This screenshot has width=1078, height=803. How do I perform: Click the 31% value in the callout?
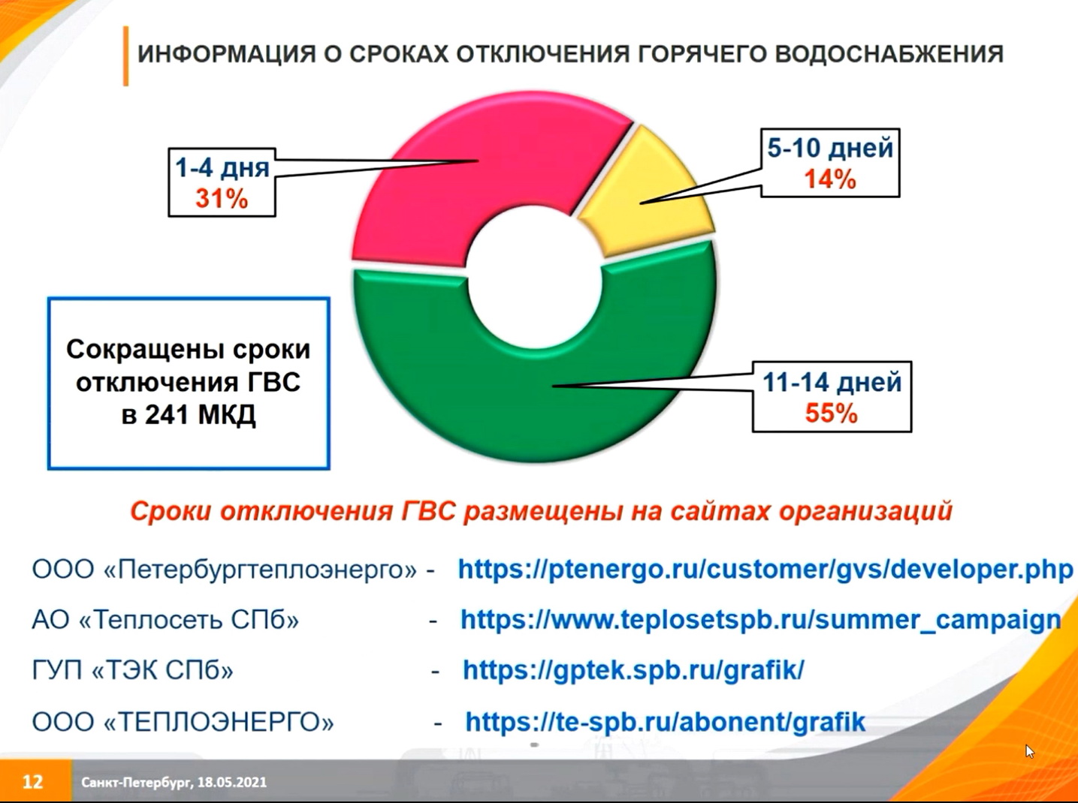tap(222, 199)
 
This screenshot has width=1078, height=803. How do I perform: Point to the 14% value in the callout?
tap(830, 179)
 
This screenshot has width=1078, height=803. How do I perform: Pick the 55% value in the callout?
tap(831, 413)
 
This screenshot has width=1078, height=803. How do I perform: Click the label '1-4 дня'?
tap(222, 168)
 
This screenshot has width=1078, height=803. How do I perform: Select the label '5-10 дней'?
tap(830, 148)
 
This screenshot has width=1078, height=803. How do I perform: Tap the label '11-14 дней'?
tap(832, 382)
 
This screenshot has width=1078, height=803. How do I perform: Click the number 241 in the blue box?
tap(167, 414)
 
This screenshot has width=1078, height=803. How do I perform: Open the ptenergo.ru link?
tap(765, 570)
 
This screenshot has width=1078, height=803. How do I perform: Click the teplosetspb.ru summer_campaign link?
tap(761, 620)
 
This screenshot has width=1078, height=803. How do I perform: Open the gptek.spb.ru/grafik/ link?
tap(633, 670)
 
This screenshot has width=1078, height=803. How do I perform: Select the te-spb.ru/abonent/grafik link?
tap(665, 721)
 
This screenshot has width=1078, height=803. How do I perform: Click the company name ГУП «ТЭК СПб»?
tap(133, 670)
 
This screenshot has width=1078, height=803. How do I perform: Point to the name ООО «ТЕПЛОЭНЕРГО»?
tap(183, 722)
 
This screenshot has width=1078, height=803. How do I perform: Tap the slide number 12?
tap(33, 781)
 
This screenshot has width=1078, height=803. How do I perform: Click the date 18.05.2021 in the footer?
tap(232, 782)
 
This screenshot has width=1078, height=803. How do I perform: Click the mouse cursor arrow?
tap(1029, 751)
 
